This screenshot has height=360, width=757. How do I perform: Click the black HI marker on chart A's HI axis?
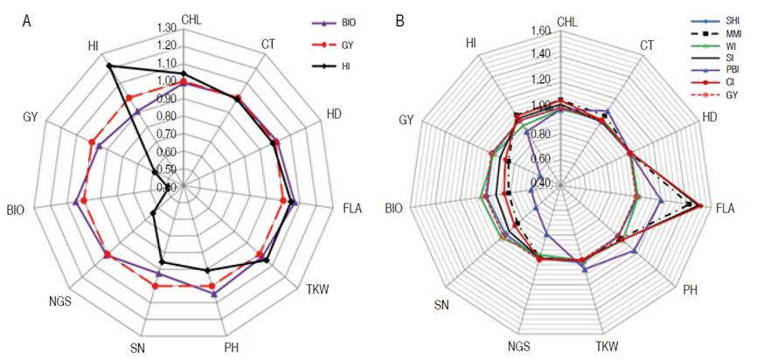[x=109, y=66]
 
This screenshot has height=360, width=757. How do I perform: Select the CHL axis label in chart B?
[x=566, y=20]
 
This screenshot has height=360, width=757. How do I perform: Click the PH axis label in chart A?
[x=231, y=347]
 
